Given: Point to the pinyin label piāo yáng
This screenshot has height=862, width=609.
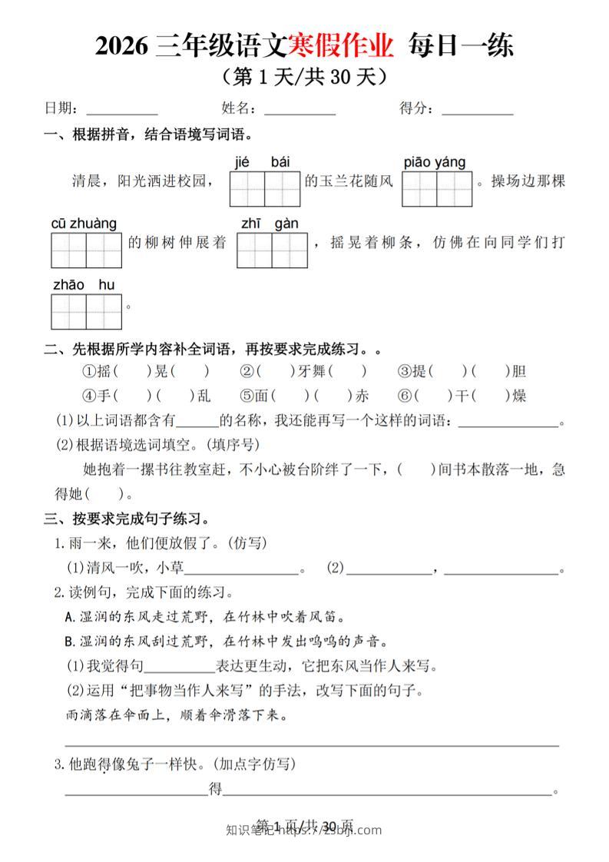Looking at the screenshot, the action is pyautogui.click(x=435, y=162).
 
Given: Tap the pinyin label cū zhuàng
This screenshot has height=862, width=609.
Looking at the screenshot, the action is pyautogui.click(x=84, y=224).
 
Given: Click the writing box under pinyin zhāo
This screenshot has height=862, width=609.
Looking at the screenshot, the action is pyautogui.click(x=68, y=311).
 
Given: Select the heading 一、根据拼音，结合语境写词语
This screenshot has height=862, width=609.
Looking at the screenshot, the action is pyautogui.click(x=148, y=136).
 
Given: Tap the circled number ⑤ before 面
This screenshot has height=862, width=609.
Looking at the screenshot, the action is pyautogui.click(x=247, y=396).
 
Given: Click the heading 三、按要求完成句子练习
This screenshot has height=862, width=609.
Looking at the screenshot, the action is pyautogui.click(x=127, y=519).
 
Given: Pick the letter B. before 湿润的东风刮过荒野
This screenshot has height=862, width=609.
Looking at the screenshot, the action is pyautogui.click(x=71, y=642).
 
